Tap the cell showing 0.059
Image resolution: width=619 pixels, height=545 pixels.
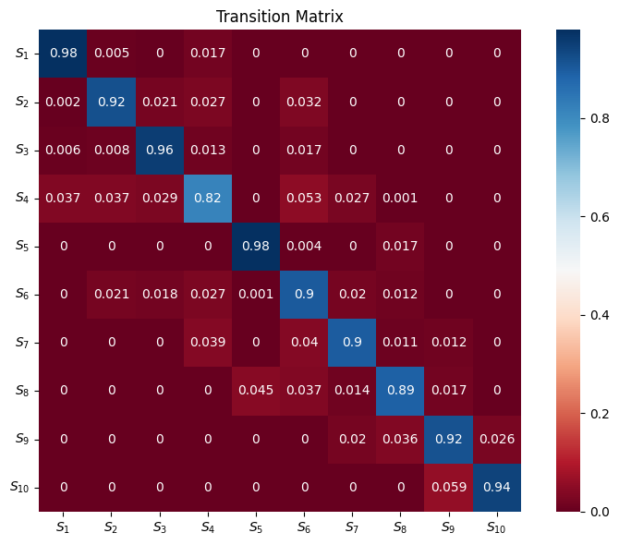pos(450,486)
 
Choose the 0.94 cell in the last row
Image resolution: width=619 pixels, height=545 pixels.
pos(498,486)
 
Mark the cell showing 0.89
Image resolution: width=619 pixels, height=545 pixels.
pos(402,390)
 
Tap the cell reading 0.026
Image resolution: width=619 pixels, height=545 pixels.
pos(498,438)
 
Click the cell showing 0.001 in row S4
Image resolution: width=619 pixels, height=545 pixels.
pos(402,198)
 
